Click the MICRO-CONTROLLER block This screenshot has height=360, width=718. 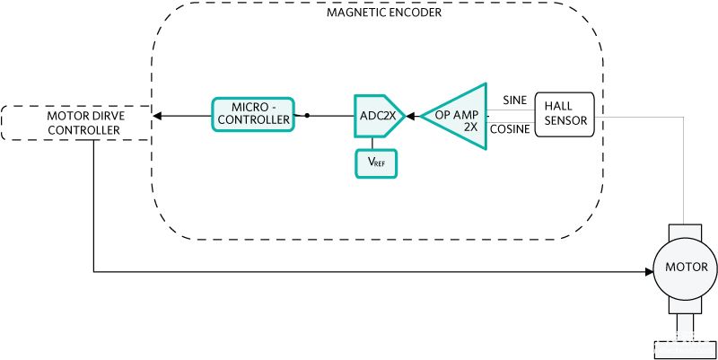pos(252,115)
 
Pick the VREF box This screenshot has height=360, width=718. pos(376,163)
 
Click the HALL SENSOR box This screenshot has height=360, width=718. pos(565,114)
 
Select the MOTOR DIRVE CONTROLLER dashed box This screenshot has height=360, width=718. pos(76,123)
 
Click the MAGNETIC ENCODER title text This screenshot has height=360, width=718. pos(384,13)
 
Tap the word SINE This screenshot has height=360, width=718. pos(514,101)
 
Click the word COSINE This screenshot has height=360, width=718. pos(510,129)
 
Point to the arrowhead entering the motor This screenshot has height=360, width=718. pos(649,272)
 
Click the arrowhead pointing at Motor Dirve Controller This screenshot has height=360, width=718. pos(157,116)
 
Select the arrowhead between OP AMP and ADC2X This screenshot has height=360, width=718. pos(412,116)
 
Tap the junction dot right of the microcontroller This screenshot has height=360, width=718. pos(307,116)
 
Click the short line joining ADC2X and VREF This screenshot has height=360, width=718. pos(372,144)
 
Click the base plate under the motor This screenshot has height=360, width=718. pos(685,349)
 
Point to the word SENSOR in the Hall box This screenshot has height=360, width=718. pos(565,121)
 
